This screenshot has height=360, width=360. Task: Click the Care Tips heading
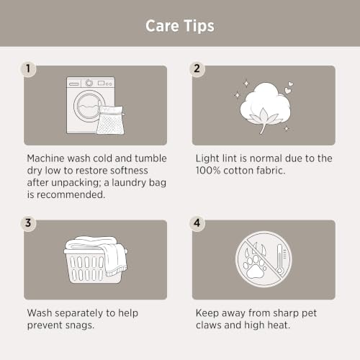[x=180, y=26]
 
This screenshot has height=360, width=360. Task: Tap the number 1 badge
[x=28, y=69]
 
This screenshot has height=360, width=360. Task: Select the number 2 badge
[x=197, y=69]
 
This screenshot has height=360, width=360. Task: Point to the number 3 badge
[x=28, y=223]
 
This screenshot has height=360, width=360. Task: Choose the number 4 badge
[x=197, y=223]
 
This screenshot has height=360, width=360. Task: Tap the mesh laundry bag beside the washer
[x=111, y=120]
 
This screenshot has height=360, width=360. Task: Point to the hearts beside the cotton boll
[x=289, y=88]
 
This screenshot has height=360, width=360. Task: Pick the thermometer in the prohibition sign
[x=280, y=259]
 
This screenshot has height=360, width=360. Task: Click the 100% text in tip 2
[x=208, y=171]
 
